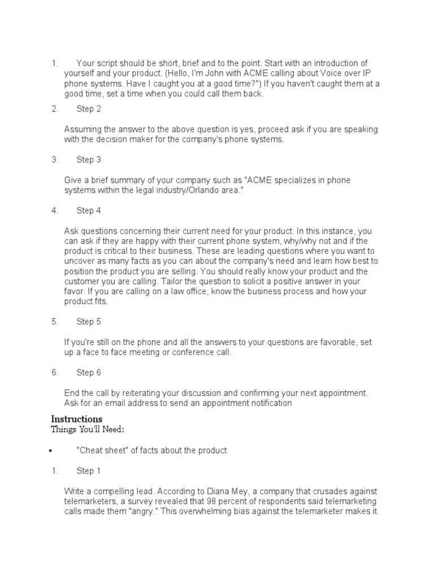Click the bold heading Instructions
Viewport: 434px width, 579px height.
[x=77, y=419]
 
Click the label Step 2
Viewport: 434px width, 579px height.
[x=89, y=109]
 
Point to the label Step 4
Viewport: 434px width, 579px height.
[x=89, y=211]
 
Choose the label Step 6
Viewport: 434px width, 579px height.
[x=89, y=373]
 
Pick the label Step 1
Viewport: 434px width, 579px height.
[x=89, y=471]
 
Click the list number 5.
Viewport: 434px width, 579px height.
[x=54, y=322]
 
